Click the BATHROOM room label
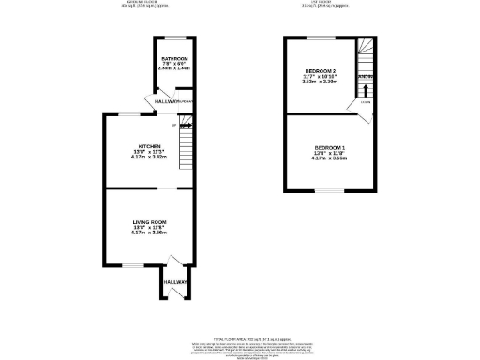click(173, 59)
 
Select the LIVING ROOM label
click(150, 221)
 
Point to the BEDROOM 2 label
click(320, 71)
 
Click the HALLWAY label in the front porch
click(175, 281)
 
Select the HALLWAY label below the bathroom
click(168, 100)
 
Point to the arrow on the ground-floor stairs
click(185, 122)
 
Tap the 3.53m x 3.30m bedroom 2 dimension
click(320, 82)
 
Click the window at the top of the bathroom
click(173, 37)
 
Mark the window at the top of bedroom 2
click(320, 37)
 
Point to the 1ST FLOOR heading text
click(320, 3)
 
